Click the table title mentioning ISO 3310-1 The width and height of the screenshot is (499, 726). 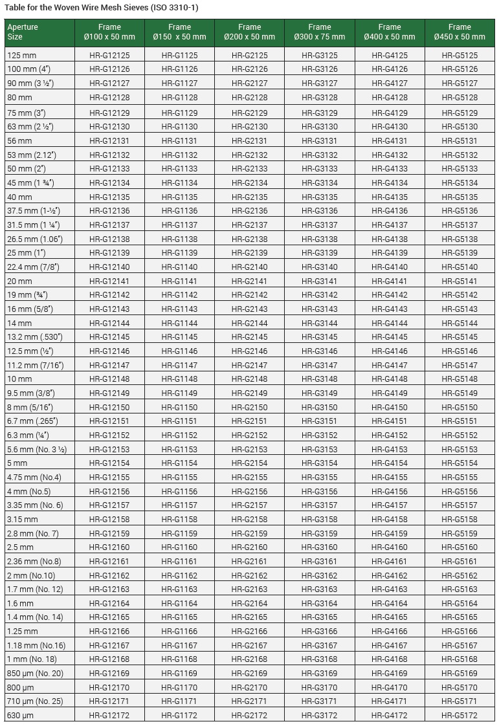tap(102, 8)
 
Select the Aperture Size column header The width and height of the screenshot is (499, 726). tap(23, 32)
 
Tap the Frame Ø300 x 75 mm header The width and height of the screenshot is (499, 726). tap(320, 32)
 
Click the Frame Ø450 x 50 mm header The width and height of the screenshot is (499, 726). tap(460, 32)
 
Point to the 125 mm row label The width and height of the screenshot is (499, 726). tap(19, 56)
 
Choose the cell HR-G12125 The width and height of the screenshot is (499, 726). tap(109, 56)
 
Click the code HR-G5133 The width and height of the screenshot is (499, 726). tap(460, 169)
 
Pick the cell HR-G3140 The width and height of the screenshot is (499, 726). tap(320, 267)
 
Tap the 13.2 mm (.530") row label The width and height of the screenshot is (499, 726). tap(34, 337)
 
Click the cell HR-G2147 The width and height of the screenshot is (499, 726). tap(249, 366)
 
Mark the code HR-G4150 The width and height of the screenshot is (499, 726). tap(390, 408)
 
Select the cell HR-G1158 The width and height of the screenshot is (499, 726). tap(179, 520)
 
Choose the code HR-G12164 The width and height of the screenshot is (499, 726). tap(109, 604)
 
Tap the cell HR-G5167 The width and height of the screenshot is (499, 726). tap(460, 646)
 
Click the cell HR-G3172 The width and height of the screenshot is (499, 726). tap(320, 716)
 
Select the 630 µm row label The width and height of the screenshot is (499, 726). tap(19, 716)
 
